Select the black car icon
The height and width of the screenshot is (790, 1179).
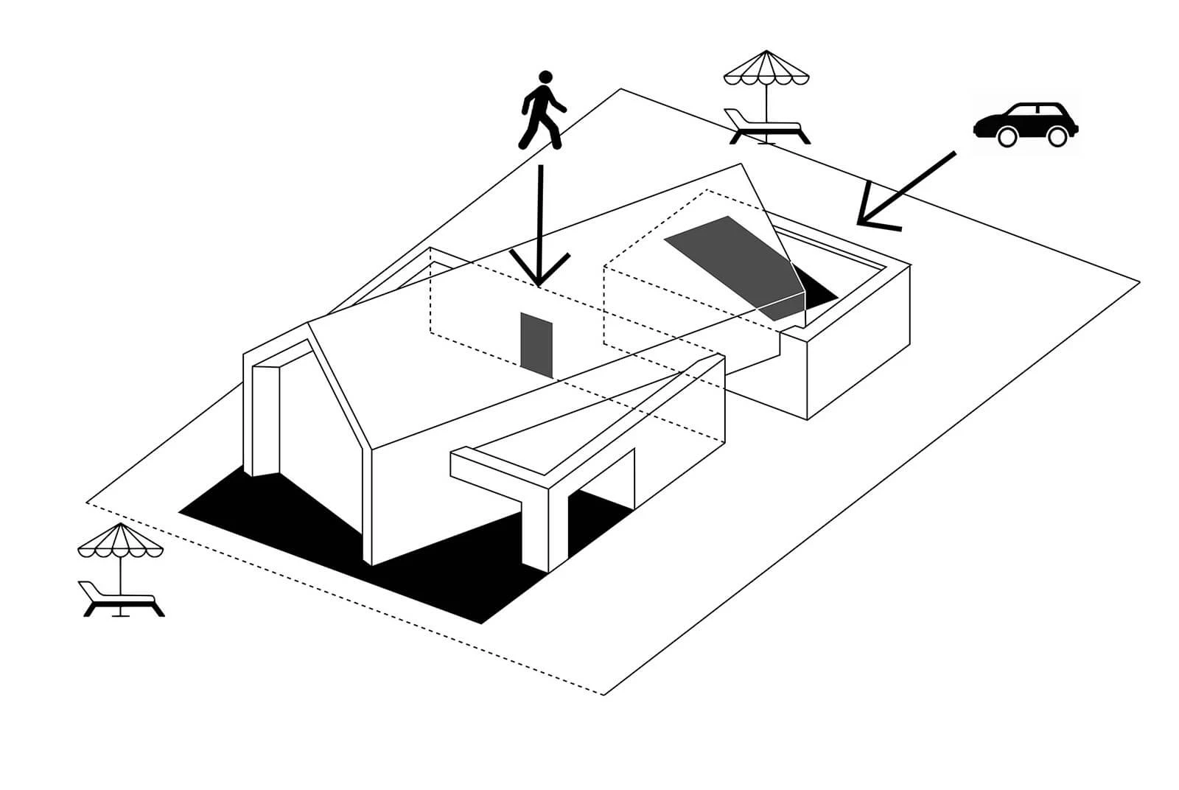click(1026, 124)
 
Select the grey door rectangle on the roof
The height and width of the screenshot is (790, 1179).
click(536, 343)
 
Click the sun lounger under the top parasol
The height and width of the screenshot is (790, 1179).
click(766, 127)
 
